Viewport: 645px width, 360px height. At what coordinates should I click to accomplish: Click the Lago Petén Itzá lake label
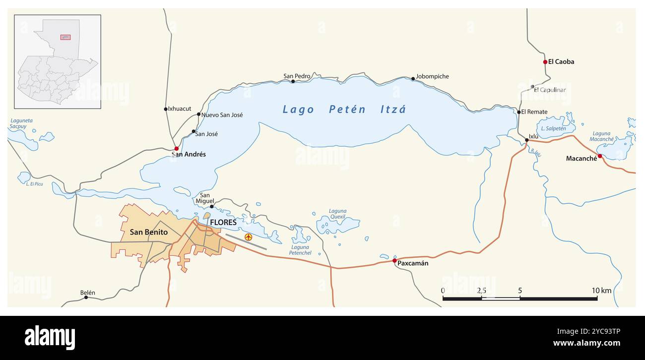pos(344,110)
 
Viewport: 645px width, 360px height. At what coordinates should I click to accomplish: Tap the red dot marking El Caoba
pos(545,62)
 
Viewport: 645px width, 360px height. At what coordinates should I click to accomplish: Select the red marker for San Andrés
pos(176,148)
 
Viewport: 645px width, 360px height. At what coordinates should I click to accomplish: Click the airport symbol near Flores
pos(248,238)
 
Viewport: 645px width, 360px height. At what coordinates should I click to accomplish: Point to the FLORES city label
pos(223,223)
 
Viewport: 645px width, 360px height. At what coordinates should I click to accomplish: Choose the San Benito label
pos(148,232)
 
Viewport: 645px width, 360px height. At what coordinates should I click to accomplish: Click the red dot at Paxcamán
pos(394,260)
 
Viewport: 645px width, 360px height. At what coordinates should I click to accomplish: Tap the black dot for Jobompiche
pos(413,78)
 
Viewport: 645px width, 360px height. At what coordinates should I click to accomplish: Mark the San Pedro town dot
pos(293,81)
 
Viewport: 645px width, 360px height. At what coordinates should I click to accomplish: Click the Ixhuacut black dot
pos(166,109)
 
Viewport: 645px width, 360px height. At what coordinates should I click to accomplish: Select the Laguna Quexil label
pos(337,214)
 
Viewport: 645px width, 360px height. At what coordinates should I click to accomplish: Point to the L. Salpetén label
pos(553,128)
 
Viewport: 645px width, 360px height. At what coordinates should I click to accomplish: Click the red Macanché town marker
pos(599,156)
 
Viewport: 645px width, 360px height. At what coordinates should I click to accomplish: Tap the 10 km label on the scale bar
pos(601,291)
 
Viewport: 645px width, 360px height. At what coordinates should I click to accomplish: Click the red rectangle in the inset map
pos(65,37)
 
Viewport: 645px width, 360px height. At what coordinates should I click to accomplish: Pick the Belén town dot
pos(86,297)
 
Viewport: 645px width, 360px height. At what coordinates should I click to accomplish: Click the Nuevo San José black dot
pos(198,114)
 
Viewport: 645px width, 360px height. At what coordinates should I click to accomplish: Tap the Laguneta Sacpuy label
pos(20,123)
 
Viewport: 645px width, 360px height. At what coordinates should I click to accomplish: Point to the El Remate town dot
pos(519,112)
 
